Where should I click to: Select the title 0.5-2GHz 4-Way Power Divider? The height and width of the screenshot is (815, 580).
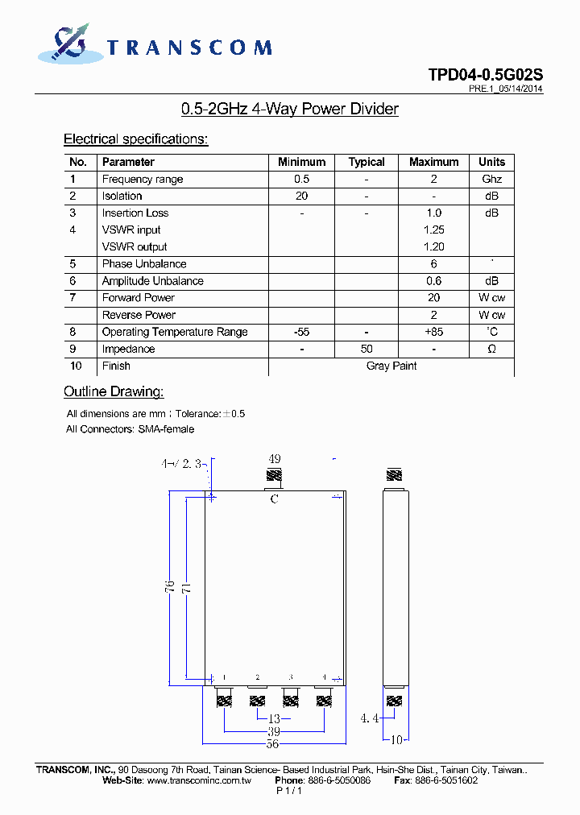(290, 109)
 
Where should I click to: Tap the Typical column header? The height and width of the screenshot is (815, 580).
(367, 162)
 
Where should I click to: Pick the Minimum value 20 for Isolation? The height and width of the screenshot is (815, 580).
(301, 196)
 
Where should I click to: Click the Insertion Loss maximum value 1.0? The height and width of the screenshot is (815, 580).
(433, 213)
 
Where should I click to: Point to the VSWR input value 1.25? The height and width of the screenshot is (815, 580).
(433, 230)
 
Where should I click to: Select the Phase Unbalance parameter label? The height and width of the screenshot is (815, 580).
(143, 264)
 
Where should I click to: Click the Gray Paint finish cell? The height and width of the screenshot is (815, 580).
(391, 366)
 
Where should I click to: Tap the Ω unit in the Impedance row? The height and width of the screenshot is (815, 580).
(491, 350)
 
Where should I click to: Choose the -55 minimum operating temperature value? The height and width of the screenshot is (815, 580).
(301, 332)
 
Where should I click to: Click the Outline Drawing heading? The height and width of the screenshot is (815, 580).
(114, 392)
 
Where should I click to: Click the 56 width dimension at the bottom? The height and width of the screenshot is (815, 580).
(272, 744)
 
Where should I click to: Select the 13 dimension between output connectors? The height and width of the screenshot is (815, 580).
(274, 718)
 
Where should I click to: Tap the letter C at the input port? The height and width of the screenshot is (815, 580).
(274, 499)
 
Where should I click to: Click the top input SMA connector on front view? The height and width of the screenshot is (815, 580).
(275, 478)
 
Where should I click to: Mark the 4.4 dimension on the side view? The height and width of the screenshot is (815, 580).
(370, 718)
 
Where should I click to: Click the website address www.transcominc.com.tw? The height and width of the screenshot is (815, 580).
(199, 780)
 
